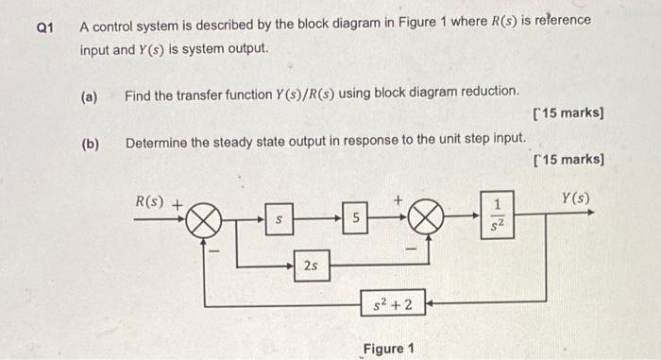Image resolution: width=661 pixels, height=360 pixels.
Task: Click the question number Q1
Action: (42, 27)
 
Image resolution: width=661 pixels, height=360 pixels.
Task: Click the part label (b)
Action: (90, 145)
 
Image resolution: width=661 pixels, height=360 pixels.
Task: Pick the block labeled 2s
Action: (311, 266)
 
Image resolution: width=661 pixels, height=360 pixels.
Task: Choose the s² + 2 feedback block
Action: (391, 304)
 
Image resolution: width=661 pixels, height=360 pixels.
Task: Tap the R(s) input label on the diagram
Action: (150, 200)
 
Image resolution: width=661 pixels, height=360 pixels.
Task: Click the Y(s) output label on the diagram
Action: (575, 198)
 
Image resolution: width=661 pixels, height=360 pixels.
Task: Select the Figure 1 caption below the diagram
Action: (389, 349)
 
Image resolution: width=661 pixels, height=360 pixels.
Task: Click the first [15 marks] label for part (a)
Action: (568, 114)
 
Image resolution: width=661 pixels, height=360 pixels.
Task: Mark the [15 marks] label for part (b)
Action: (568, 159)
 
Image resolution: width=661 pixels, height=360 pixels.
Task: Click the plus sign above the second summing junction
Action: (398, 200)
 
